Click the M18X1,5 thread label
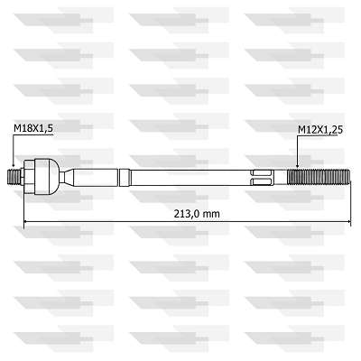click(x=33, y=130)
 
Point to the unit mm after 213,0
click(x=211, y=214)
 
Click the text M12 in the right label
click(x=307, y=130)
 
